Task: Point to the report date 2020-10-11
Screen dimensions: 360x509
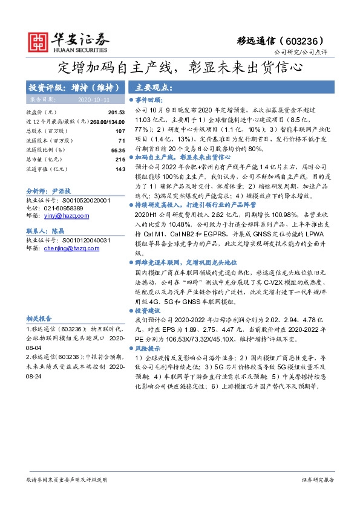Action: (91, 99)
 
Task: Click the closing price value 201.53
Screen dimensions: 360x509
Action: (116, 112)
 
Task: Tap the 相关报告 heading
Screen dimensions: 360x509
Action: (39, 319)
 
